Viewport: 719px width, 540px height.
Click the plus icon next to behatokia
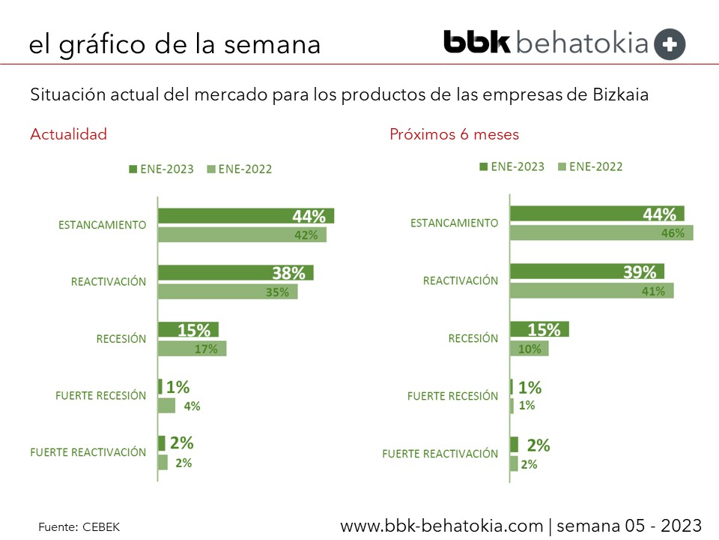(670, 44)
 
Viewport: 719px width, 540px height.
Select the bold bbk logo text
(476, 42)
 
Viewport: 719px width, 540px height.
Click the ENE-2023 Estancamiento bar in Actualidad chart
(246, 216)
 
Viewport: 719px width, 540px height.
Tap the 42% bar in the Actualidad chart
(242, 235)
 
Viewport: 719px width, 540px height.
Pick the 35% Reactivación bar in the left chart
(228, 292)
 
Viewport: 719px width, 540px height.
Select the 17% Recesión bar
(192, 348)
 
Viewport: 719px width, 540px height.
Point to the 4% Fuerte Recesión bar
(166, 406)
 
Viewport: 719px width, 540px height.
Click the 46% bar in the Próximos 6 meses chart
(601, 232)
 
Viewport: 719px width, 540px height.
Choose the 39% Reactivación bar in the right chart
(586, 271)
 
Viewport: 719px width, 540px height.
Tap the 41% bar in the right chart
(592, 290)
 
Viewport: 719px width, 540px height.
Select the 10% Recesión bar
(529, 349)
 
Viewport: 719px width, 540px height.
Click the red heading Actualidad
(68, 134)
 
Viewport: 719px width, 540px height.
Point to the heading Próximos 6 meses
(454, 135)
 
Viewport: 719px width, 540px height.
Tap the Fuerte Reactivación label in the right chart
(440, 454)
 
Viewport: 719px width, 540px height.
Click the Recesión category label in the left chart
(121, 339)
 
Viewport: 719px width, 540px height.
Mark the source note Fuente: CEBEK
(79, 527)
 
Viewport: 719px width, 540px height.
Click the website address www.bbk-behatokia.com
(441, 525)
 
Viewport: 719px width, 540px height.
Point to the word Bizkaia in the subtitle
(621, 96)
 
